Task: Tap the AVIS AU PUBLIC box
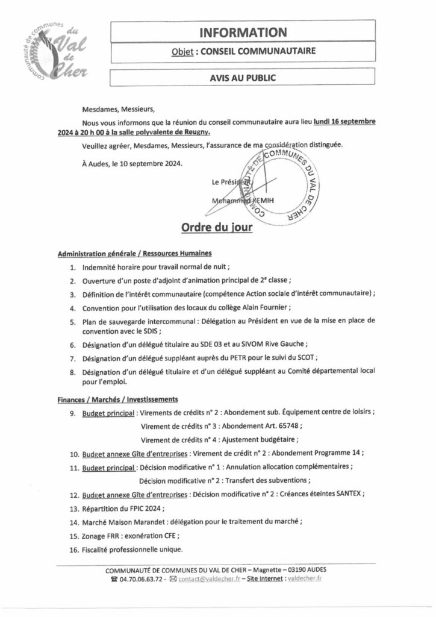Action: tap(244, 78)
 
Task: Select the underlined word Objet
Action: tap(182, 53)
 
